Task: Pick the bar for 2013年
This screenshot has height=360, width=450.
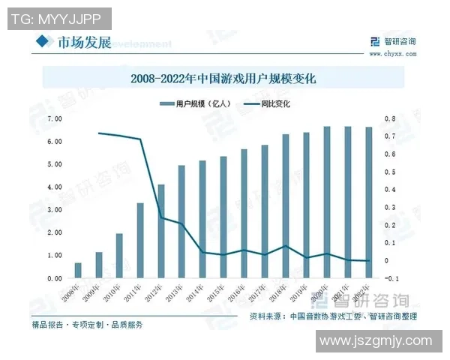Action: (x=181, y=222)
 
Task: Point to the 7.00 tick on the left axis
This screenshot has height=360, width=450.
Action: (x=54, y=118)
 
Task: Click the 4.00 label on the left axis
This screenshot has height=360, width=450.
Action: (x=54, y=187)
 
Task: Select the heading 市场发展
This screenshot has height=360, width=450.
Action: (x=84, y=42)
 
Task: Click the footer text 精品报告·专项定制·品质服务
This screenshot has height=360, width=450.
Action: (x=87, y=325)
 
